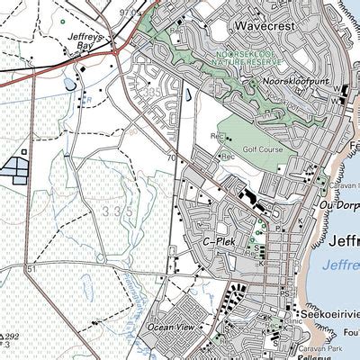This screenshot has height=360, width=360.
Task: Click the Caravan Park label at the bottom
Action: pyautogui.click(x=323, y=347)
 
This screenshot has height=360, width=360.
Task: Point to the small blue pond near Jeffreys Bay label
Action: pyautogui.click(x=69, y=85)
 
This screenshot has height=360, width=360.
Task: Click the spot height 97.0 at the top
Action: pyautogui.click(x=130, y=12)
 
